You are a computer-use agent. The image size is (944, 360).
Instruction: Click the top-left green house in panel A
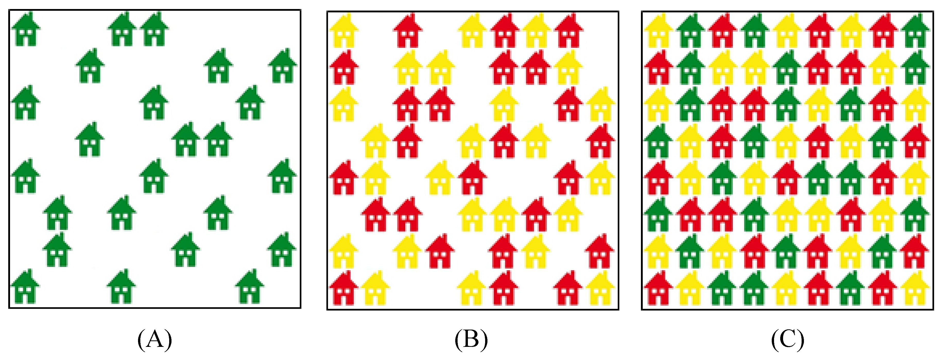(26, 30)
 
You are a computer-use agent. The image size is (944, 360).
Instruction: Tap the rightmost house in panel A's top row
(154, 30)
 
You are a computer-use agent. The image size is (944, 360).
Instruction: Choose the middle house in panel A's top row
(122, 30)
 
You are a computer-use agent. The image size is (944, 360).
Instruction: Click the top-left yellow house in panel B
(344, 31)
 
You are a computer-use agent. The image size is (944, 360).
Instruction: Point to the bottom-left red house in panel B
(344, 289)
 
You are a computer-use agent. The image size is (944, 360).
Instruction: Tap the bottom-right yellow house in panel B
(600, 289)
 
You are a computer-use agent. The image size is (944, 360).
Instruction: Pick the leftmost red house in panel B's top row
(408, 31)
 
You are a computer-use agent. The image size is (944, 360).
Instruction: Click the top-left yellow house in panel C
(658, 31)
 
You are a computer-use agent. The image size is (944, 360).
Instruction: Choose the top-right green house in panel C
(915, 31)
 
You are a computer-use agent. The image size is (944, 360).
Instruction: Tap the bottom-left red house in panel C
(658, 289)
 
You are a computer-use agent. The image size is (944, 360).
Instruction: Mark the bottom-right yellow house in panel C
(915, 289)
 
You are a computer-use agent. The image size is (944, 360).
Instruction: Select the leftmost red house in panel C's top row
(723, 31)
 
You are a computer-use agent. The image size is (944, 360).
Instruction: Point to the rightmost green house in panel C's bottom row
(851, 289)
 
